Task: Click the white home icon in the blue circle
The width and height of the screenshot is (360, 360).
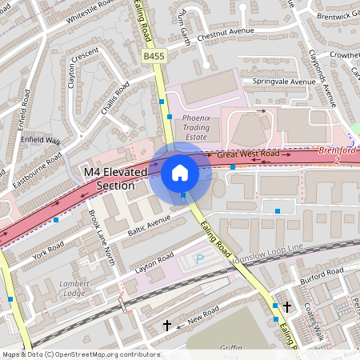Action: (180, 173)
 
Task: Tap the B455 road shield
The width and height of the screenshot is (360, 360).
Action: (154, 57)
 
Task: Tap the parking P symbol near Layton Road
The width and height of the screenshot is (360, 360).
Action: (199, 258)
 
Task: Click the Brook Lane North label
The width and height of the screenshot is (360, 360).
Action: (101, 233)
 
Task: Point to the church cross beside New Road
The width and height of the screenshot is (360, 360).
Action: (167, 325)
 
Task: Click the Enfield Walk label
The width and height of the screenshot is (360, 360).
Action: (42, 141)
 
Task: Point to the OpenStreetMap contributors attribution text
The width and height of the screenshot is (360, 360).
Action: (80, 354)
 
